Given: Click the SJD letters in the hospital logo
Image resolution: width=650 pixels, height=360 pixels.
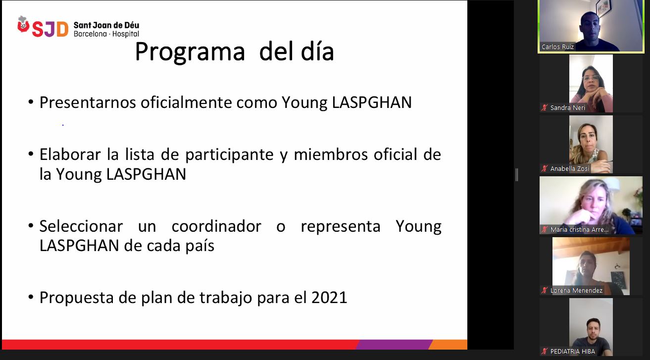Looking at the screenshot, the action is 50,29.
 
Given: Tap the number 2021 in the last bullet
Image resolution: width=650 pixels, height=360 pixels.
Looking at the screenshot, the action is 329,298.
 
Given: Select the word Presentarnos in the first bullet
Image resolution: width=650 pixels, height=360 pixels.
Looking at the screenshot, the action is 88,103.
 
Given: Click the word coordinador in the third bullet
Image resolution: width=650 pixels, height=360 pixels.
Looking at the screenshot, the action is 216,226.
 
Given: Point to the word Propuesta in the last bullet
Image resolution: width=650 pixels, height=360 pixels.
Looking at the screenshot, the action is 76,298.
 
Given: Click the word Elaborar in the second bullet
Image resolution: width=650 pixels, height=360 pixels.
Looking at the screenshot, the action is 70,154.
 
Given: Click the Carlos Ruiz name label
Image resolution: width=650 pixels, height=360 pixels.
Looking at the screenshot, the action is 557,47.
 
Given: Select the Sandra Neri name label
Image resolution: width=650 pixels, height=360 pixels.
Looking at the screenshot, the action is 568,108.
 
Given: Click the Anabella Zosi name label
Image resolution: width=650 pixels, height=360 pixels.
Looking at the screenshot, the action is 570,169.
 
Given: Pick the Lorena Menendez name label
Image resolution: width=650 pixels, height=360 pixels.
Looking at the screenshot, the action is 576,290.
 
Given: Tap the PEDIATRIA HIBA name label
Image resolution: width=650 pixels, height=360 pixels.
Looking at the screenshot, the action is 572,351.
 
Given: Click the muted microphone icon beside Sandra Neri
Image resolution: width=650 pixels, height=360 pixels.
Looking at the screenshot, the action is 545,108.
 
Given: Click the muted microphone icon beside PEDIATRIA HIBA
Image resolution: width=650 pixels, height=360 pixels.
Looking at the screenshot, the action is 545,351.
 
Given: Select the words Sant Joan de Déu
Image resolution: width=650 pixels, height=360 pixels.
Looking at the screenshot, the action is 106,25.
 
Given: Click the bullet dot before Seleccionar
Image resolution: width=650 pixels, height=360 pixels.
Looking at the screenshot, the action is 31,226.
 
